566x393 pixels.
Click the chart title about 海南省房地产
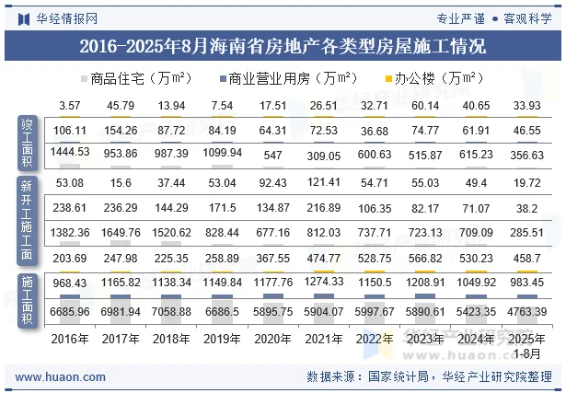pyautogui.click(x=283, y=45)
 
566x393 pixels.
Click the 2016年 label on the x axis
pyautogui.click(x=70, y=339)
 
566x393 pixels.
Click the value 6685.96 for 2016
pyautogui.click(x=70, y=312)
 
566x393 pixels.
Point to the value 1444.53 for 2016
pyautogui.click(x=70, y=151)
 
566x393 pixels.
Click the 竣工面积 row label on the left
pyautogui.click(x=28, y=141)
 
